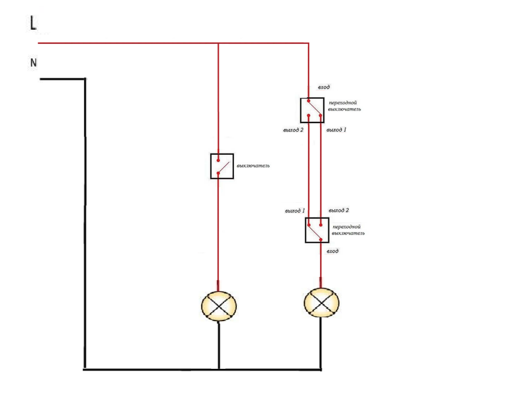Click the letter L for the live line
click(x=33, y=23)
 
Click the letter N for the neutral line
click(x=33, y=62)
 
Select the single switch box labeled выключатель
click(x=222, y=166)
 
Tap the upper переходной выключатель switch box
click(x=312, y=111)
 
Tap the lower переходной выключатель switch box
click(x=317, y=230)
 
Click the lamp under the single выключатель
click(x=219, y=306)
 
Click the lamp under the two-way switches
click(x=321, y=303)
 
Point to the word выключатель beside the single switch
click(x=253, y=166)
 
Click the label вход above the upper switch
click(x=324, y=87)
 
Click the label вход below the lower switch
click(x=333, y=251)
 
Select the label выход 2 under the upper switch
click(x=293, y=130)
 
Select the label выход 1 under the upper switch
click(x=336, y=130)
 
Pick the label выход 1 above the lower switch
click(x=295, y=211)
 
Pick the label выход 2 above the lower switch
click(x=339, y=210)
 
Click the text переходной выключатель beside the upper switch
click(x=344, y=106)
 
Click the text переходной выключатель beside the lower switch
click(x=348, y=230)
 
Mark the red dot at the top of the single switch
click(x=218, y=160)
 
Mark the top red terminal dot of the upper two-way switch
click(x=309, y=101)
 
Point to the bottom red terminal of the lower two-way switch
click(x=320, y=240)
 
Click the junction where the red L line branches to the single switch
click(x=218, y=43)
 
